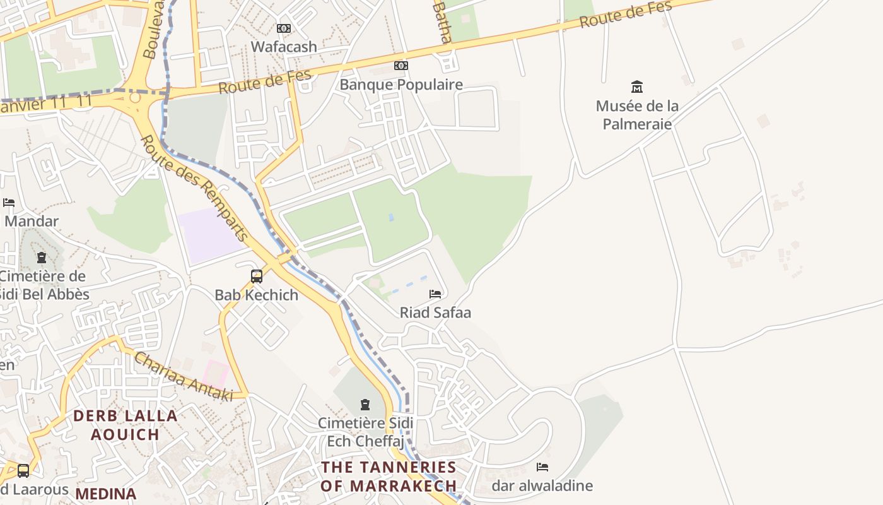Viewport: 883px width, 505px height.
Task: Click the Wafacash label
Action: pos(284,47)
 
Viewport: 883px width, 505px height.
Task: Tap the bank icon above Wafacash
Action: pos(284,28)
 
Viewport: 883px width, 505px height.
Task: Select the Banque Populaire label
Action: pos(401,85)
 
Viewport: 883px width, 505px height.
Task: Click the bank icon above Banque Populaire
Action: pos(401,66)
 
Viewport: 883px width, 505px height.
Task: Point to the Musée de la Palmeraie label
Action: pos(637,115)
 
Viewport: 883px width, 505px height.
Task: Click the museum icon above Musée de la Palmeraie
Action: pos(637,86)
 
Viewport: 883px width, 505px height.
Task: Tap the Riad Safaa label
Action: pos(435,312)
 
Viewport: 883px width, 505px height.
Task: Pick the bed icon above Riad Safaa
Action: pos(435,294)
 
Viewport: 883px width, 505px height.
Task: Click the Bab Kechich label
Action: pos(257,295)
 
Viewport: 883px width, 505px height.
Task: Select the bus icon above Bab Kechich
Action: pos(257,276)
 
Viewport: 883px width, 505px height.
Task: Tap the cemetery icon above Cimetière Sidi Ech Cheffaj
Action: pos(365,405)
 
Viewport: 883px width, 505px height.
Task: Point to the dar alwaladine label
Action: pos(542,485)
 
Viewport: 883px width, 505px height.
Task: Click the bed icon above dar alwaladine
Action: pos(542,467)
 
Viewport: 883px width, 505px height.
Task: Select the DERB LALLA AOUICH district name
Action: pos(125,425)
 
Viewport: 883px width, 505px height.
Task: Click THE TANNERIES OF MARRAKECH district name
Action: pos(389,477)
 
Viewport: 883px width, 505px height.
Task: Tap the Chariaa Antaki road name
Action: pos(184,377)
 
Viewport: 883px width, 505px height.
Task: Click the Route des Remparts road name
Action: pos(194,188)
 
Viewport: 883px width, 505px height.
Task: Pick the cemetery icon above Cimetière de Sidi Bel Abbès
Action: pos(42,258)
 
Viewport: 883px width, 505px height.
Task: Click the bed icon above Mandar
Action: pos(9,203)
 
